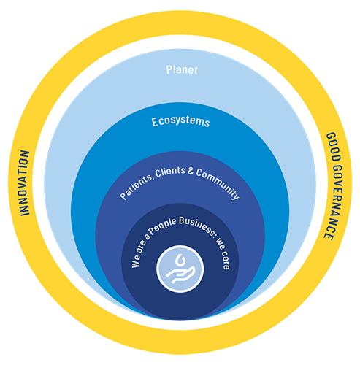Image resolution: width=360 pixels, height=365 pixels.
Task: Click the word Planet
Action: click(x=182, y=70)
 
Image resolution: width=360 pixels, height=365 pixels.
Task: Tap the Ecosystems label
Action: click(x=180, y=122)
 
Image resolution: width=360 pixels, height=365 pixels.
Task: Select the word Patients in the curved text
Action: click(x=136, y=188)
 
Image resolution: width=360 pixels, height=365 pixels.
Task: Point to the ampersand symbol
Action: click(x=191, y=171)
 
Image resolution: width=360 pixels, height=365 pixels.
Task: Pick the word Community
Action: click(x=218, y=183)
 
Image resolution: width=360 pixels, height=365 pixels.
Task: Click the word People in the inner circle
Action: click(x=162, y=226)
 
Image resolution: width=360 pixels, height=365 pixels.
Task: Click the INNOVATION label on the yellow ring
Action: click(x=24, y=183)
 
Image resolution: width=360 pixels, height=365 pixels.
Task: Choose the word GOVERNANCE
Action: click(x=335, y=203)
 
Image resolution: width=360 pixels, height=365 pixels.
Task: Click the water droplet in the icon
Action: click(x=180, y=261)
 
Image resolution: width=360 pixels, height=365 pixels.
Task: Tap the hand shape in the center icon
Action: click(x=180, y=274)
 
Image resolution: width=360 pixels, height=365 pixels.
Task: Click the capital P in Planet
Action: click(x=169, y=70)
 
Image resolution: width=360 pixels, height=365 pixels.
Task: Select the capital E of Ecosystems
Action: click(x=155, y=123)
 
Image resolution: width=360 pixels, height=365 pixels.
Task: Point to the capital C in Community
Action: click(x=199, y=173)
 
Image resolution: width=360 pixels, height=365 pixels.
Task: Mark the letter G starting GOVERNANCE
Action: click(x=338, y=170)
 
